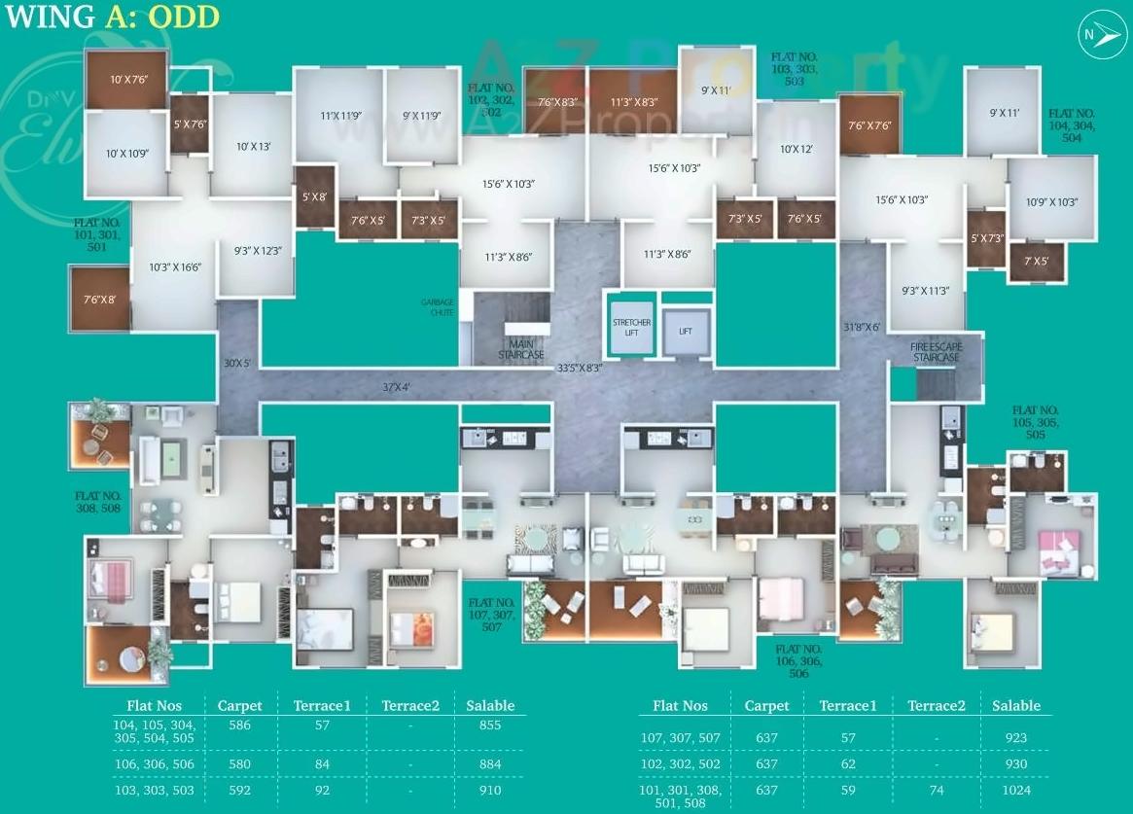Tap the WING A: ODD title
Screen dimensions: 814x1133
[x=112, y=17]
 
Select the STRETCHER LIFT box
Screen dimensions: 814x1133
[x=631, y=328]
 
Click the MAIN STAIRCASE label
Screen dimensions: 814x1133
[x=521, y=348]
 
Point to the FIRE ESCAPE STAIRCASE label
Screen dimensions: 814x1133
[x=936, y=351]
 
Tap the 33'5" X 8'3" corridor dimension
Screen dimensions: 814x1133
[x=580, y=369]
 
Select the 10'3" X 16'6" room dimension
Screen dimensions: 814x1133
[x=175, y=266]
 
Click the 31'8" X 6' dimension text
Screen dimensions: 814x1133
[x=862, y=327]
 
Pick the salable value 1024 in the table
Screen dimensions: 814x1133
[x=1015, y=791]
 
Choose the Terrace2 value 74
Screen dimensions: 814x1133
[x=936, y=791]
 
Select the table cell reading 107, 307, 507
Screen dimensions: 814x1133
[x=680, y=738]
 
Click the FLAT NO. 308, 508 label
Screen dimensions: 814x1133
[x=98, y=501]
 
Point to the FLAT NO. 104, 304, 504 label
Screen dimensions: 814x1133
[x=1071, y=125]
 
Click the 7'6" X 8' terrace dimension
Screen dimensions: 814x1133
[x=99, y=299]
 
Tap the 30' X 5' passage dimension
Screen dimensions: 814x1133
[x=237, y=364]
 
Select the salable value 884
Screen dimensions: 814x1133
[x=490, y=764]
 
